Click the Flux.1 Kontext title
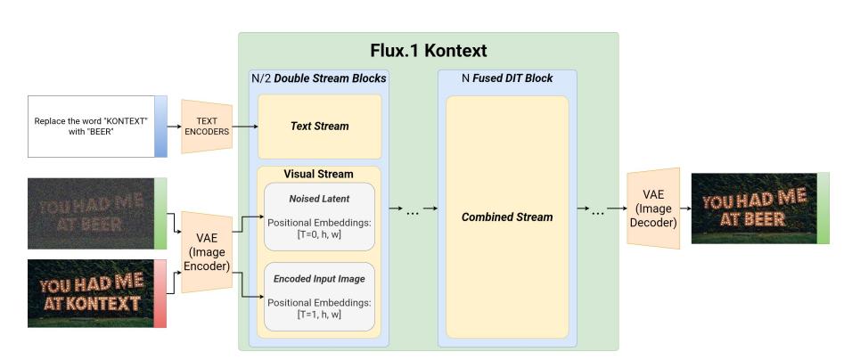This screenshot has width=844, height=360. pyautogui.click(x=428, y=51)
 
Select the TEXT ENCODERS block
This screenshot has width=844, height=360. pyautogui.click(x=207, y=126)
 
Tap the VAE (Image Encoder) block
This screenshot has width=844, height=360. pyautogui.click(x=206, y=252)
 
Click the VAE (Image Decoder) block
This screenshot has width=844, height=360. pyautogui.click(x=653, y=209)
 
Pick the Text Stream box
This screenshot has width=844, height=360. pyautogui.click(x=319, y=127)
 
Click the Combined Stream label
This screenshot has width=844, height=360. pyautogui.click(x=506, y=217)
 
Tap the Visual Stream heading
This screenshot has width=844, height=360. pyautogui.click(x=318, y=174)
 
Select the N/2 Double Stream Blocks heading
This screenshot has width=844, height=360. pyautogui.click(x=318, y=78)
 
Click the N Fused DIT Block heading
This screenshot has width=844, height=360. pyautogui.click(x=506, y=78)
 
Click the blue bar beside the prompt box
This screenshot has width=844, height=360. pyautogui.click(x=160, y=126)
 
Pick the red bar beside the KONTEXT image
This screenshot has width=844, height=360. pyautogui.click(x=160, y=292)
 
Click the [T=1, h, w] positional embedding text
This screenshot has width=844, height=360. pyautogui.click(x=318, y=314)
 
